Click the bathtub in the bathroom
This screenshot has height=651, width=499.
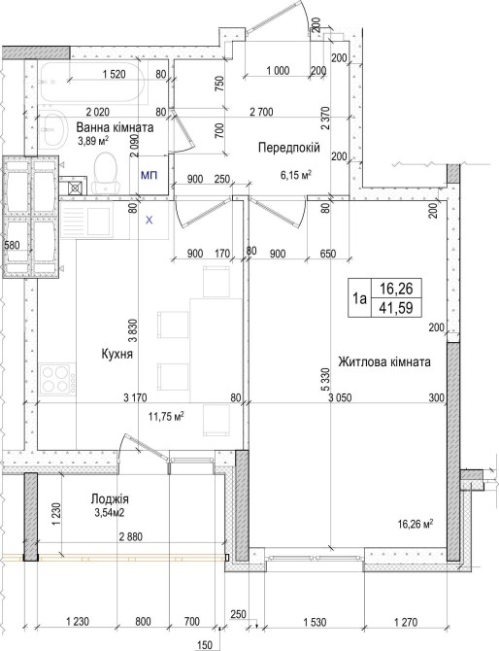93,83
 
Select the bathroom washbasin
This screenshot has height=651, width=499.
53,129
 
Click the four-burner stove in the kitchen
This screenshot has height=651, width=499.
57,380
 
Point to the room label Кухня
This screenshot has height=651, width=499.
116,354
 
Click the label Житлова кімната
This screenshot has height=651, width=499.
384,361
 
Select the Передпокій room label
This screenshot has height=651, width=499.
289,147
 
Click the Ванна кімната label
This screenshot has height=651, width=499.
115,127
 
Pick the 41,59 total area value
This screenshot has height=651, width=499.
396,308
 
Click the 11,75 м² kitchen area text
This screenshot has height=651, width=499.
166,416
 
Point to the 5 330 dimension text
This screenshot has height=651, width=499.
325,379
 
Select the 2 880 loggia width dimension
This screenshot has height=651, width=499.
131,536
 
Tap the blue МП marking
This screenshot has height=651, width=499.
149,175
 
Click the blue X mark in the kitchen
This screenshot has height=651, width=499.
149,220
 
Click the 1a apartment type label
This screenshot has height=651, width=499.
359,298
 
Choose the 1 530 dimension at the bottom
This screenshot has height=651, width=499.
315,622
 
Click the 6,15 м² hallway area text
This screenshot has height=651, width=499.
296,175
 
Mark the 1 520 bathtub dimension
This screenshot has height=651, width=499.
115,74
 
